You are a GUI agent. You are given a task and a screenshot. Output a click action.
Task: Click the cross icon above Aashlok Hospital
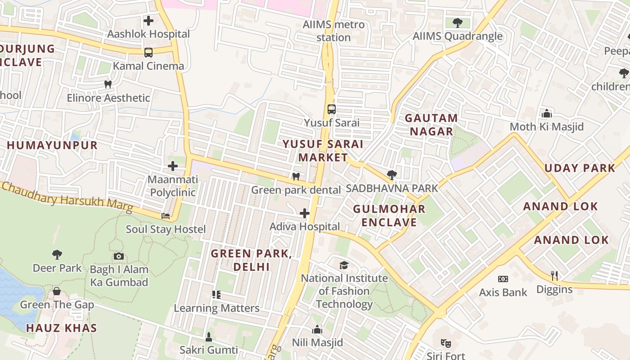coord(148,21)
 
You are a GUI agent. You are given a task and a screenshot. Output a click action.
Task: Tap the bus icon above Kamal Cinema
coord(148,53)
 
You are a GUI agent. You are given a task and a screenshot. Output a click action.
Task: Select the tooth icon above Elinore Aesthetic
coord(108,84)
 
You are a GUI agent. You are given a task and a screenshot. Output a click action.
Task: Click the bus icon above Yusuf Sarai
coord(331,109)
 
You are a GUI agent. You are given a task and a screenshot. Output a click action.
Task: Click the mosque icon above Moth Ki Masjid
coord(547,113)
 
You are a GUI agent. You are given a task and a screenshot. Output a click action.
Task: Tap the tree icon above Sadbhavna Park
coord(391,175)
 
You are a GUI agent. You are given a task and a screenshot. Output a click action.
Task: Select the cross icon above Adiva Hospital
coord(305,213)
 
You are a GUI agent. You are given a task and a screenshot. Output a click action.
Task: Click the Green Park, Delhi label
coord(252,260)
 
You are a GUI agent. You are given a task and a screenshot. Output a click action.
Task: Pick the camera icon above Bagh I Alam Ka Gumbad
coord(119,256)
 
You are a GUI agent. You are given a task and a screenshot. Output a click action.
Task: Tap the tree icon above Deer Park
coord(57,255)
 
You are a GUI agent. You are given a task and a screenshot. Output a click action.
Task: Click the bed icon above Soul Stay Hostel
coord(166,216)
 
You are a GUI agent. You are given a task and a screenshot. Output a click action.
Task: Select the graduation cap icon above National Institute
coord(344,265)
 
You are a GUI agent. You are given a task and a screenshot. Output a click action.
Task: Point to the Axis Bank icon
coord(503,279)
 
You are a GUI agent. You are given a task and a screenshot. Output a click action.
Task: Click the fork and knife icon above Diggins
coord(554,276)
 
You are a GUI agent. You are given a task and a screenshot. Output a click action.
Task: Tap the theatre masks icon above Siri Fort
coord(446,343)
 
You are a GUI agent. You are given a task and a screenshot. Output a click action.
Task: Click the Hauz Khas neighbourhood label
coord(62,328)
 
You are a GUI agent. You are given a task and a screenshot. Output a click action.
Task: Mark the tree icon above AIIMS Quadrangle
coord(458,22)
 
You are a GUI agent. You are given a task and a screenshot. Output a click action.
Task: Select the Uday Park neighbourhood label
coord(580,168)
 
